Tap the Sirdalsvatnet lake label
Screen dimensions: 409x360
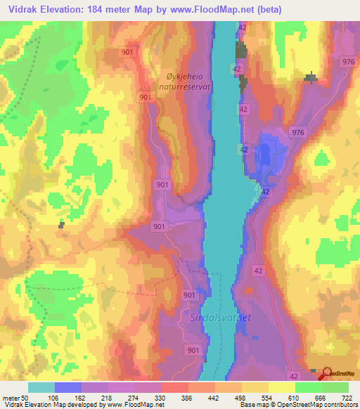pos(220,318)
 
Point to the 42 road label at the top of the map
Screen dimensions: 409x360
pos(243,27)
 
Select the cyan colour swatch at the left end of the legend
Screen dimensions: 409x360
pos(41,387)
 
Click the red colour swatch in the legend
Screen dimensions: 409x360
pos(174,387)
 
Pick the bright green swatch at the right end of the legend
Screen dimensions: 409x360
pos(335,387)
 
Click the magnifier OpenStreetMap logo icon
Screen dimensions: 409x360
pos(327,375)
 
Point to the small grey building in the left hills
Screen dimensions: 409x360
pos(61,225)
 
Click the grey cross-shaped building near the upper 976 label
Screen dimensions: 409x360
pos(310,77)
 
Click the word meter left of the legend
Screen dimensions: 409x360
pos(11,398)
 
